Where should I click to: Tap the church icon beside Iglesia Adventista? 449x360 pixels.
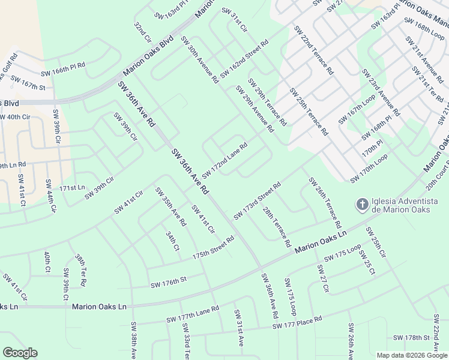(361, 205)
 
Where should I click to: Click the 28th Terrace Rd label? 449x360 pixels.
(276, 228)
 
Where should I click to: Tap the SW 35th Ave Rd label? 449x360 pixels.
(170, 207)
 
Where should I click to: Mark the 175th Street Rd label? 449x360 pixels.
(212, 248)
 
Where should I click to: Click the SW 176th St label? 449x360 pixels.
(169, 280)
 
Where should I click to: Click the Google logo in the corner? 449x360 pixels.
(20, 353)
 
